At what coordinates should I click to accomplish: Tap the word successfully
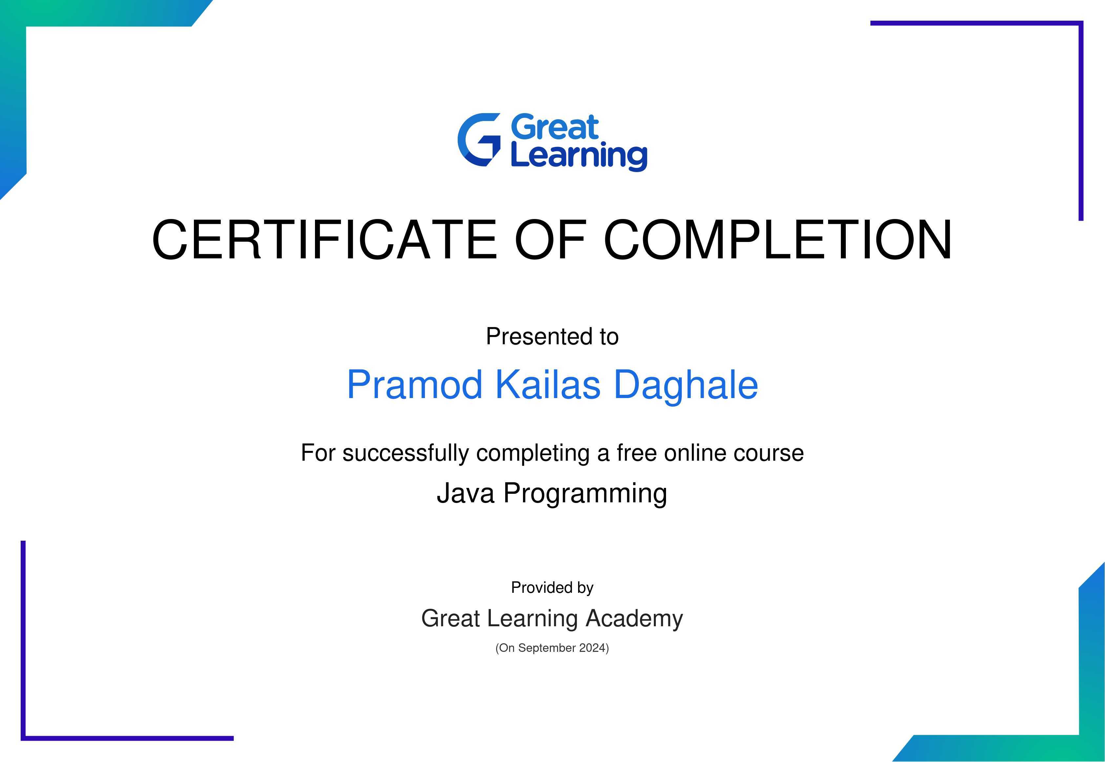[x=406, y=453]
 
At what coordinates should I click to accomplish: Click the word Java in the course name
[x=465, y=493]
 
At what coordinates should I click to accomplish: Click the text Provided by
[x=552, y=588]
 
